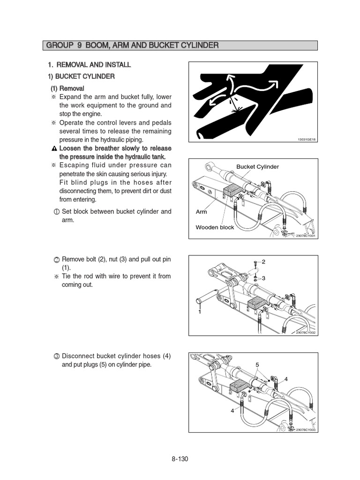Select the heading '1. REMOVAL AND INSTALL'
pyautogui.click(x=90, y=65)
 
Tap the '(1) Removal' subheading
pyautogui.click(x=67, y=88)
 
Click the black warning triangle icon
pyautogui.click(x=54, y=148)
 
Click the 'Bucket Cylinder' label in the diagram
pyautogui.click(x=257, y=166)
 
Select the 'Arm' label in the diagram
pyautogui.click(x=201, y=212)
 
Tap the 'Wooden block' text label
pyautogui.click(x=215, y=227)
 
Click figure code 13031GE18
pyautogui.click(x=307, y=140)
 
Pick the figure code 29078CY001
pyautogui.click(x=306, y=236)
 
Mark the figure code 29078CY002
pyautogui.click(x=306, y=332)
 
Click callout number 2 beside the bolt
pyautogui.click(x=263, y=262)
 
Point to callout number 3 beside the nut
pyautogui.click(x=263, y=278)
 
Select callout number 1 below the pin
pyautogui.click(x=199, y=312)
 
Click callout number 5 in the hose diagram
pyautogui.click(x=257, y=365)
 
